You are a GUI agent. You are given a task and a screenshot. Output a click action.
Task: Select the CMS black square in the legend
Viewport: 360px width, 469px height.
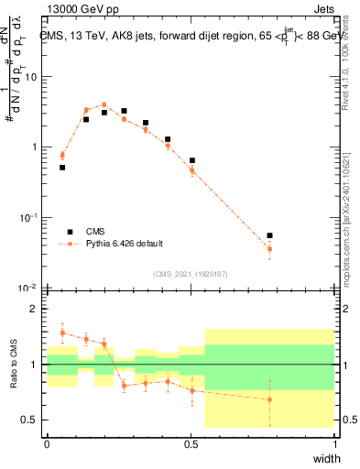click(70, 232)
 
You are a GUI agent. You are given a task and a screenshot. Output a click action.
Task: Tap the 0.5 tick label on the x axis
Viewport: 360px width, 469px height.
click(191, 442)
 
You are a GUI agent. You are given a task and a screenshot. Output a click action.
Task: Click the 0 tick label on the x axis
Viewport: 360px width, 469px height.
click(47, 442)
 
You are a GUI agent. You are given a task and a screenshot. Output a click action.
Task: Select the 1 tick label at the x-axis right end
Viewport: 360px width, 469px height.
click(334, 442)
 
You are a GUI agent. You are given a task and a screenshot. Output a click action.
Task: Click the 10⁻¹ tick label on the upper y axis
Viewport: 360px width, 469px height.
click(31, 217)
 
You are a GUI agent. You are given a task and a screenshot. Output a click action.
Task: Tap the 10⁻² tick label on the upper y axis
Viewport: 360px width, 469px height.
click(31, 288)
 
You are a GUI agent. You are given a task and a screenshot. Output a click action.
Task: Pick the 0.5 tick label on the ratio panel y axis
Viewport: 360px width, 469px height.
click(34, 420)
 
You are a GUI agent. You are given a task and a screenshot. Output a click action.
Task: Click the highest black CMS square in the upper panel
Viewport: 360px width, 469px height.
click(125, 111)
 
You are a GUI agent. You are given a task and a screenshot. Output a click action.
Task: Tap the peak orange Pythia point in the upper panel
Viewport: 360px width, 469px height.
click(104, 104)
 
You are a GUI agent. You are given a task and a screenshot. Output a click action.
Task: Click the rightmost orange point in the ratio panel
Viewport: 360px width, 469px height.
click(269, 399)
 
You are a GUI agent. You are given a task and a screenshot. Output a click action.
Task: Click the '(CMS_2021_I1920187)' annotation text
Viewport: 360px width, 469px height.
click(191, 274)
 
